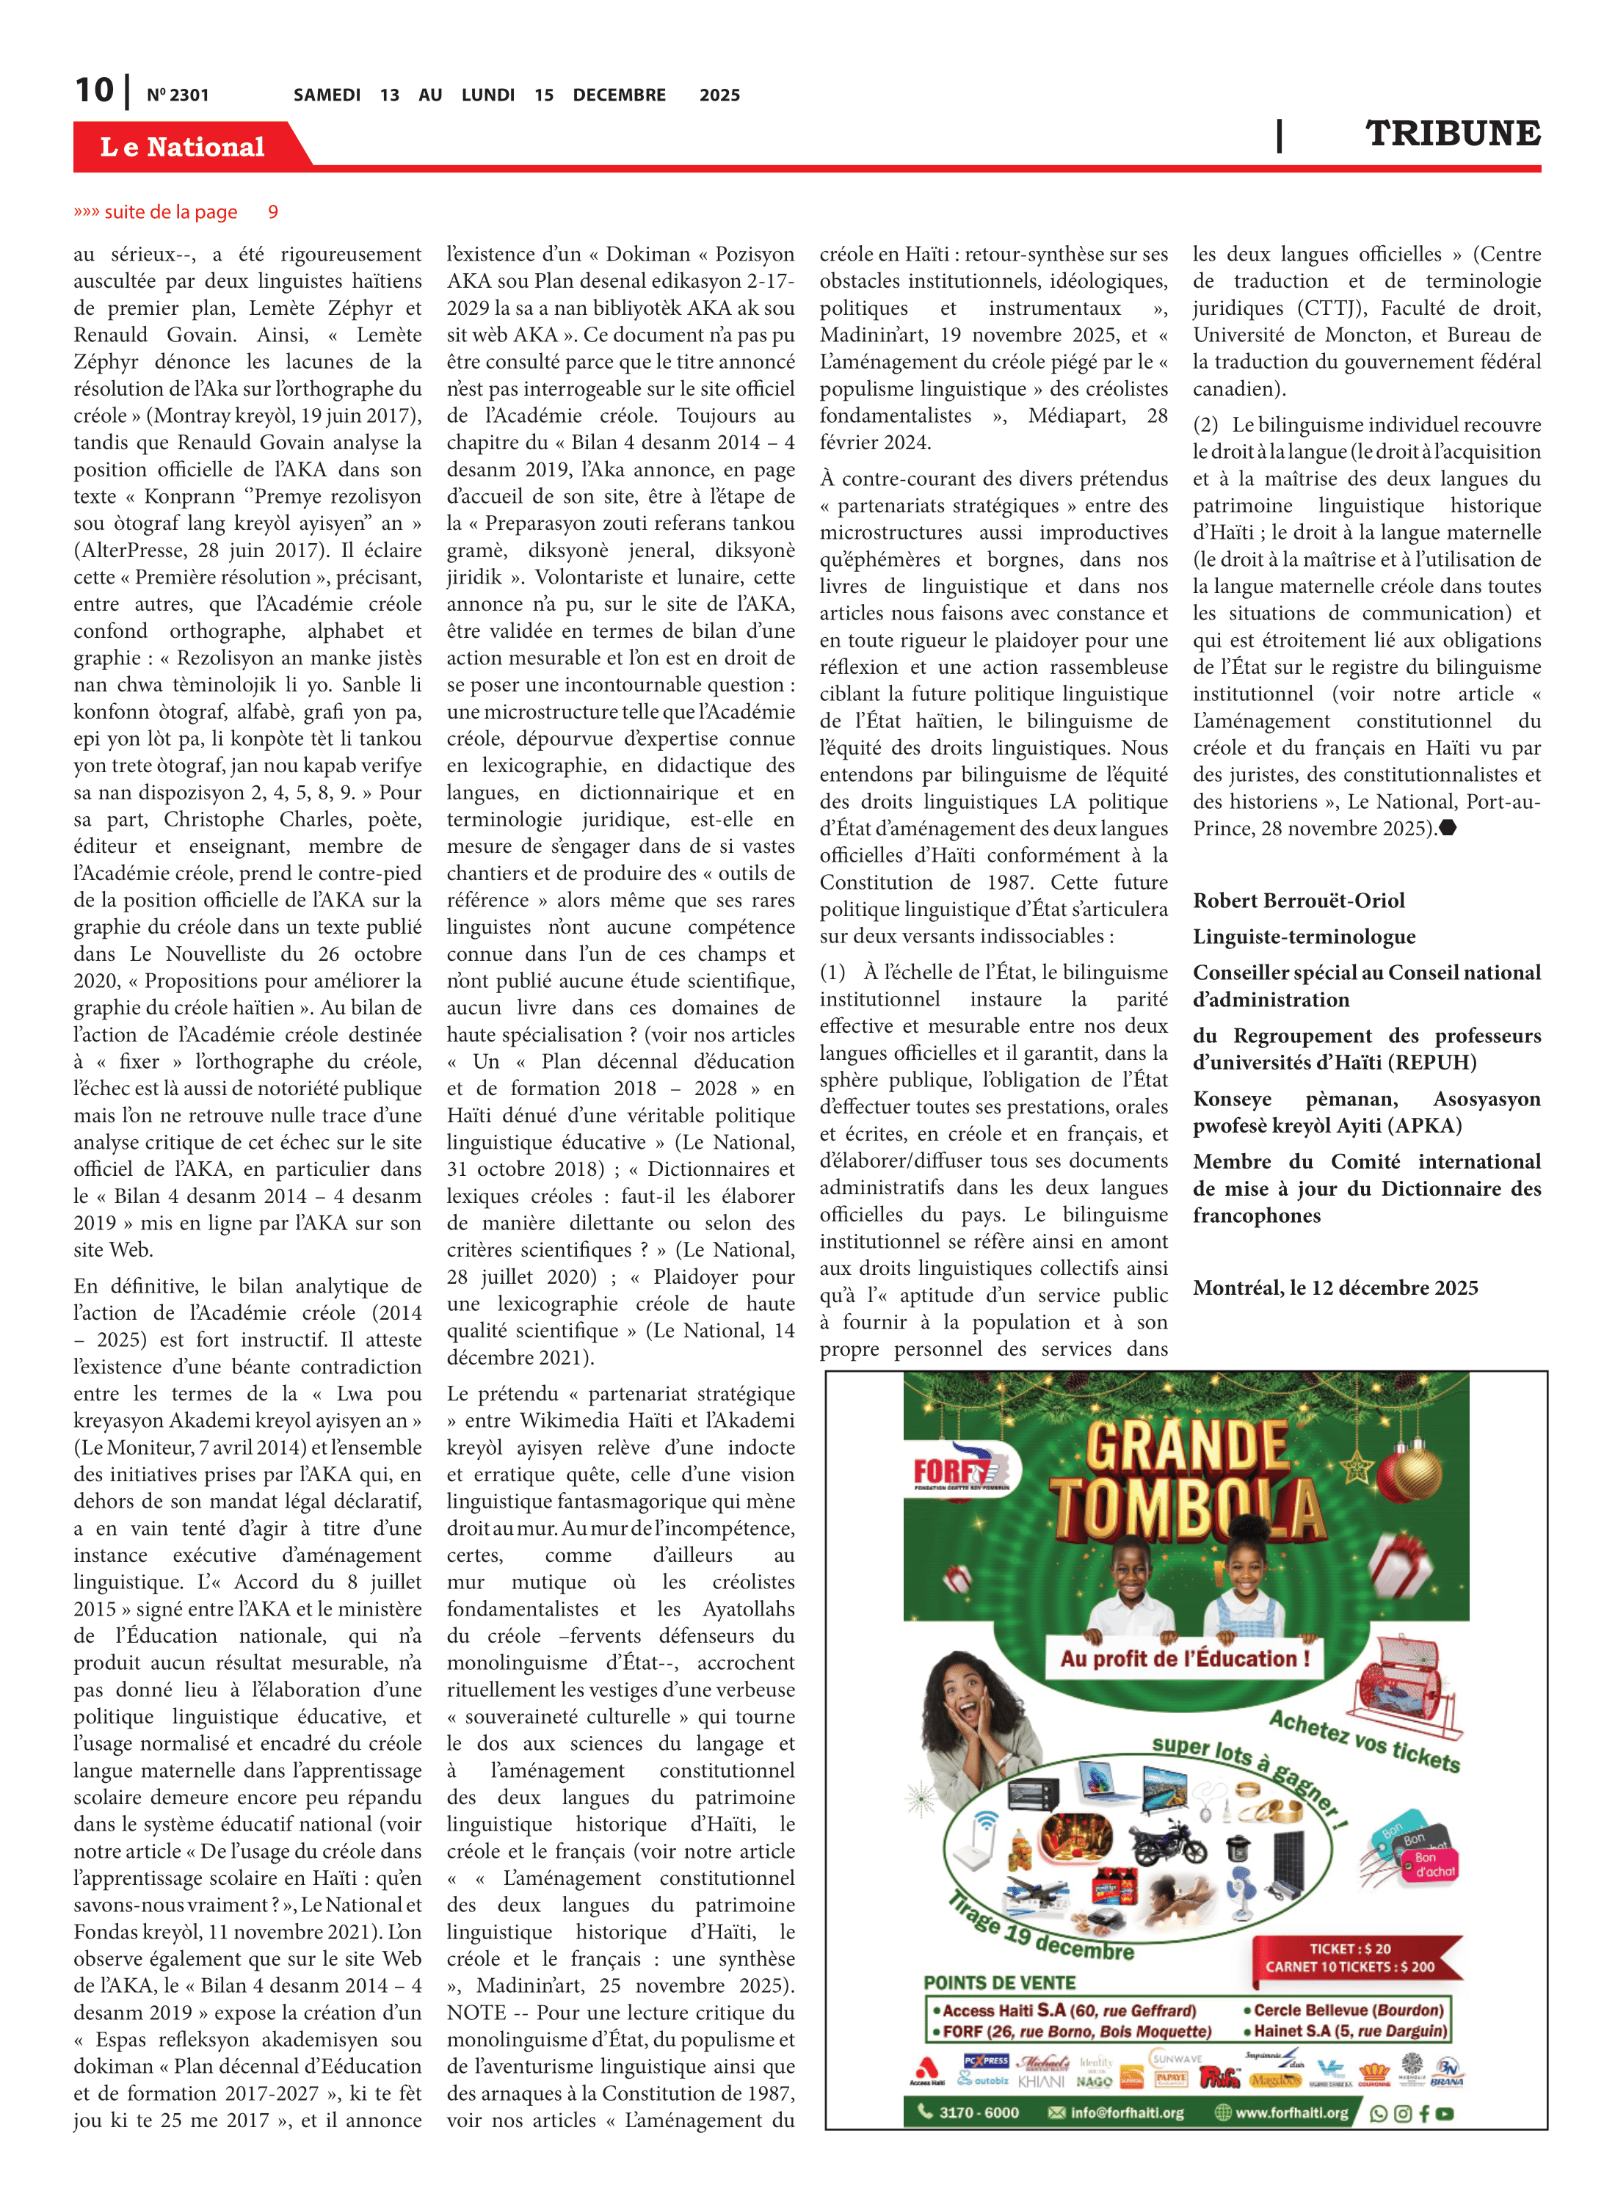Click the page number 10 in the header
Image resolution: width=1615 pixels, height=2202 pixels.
click(95, 91)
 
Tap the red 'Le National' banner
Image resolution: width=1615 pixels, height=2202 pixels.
click(183, 147)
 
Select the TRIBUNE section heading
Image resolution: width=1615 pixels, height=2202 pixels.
click(1452, 134)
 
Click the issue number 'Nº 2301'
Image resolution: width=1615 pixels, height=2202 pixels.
click(178, 95)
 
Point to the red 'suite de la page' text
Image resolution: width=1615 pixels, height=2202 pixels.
click(171, 212)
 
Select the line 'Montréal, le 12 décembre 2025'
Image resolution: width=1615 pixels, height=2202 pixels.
click(1335, 1287)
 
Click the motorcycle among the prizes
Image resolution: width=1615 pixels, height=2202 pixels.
click(1168, 1840)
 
